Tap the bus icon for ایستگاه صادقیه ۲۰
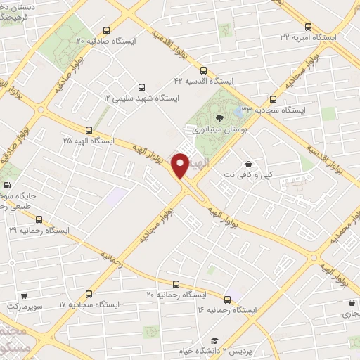[x=106, y=30]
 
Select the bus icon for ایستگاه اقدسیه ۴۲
[x=203, y=70]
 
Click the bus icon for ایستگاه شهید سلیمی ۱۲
[x=141, y=88]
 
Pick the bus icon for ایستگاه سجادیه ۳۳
[x=273, y=99]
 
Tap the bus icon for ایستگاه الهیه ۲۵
[x=89, y=130]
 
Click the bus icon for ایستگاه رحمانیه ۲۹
[x=39, y=219]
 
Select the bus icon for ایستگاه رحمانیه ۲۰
[x=176, y=284]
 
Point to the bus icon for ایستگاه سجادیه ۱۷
[x=89, y=294]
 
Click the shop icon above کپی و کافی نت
[x=248, y=163]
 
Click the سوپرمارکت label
[x=25, y=307]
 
